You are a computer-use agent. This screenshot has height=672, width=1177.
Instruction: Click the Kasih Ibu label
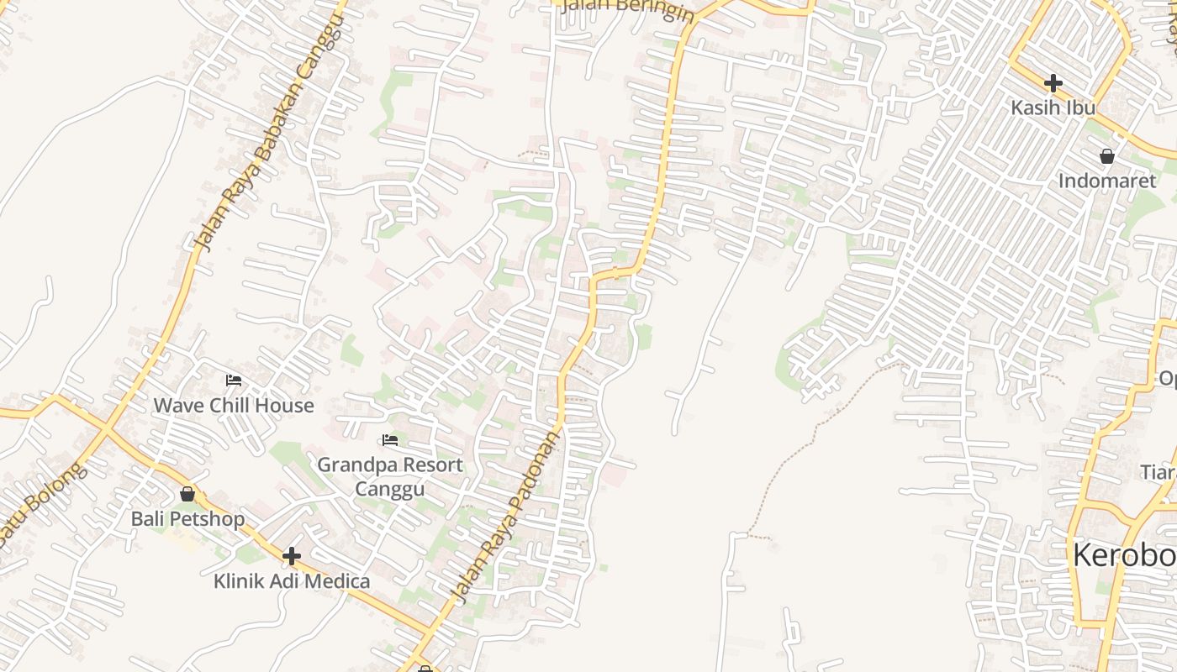coord(1053,108)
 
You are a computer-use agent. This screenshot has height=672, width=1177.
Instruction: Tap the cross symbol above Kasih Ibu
coord(1053,83)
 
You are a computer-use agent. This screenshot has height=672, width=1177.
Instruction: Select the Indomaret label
coord(1106,181)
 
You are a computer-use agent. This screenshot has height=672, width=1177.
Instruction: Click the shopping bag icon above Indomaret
coord(1106,156)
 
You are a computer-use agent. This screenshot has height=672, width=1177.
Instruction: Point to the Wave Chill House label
coord(233,405)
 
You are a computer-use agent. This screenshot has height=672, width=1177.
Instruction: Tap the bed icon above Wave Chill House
coord(233,381)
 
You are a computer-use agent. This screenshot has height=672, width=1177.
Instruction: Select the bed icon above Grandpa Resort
coord(389,440)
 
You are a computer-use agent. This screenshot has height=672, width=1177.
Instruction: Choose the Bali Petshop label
coord(187,518)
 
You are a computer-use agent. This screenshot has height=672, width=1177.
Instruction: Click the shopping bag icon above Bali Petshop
coord(187,494)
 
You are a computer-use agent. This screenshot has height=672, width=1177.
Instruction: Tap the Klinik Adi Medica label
coord(291,580)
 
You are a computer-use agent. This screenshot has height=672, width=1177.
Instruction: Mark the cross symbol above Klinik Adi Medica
coord(291,556)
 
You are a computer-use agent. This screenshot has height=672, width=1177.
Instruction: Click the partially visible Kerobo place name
coord(1124,555)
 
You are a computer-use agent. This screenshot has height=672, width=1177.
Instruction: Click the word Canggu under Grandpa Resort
coord(389,489)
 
